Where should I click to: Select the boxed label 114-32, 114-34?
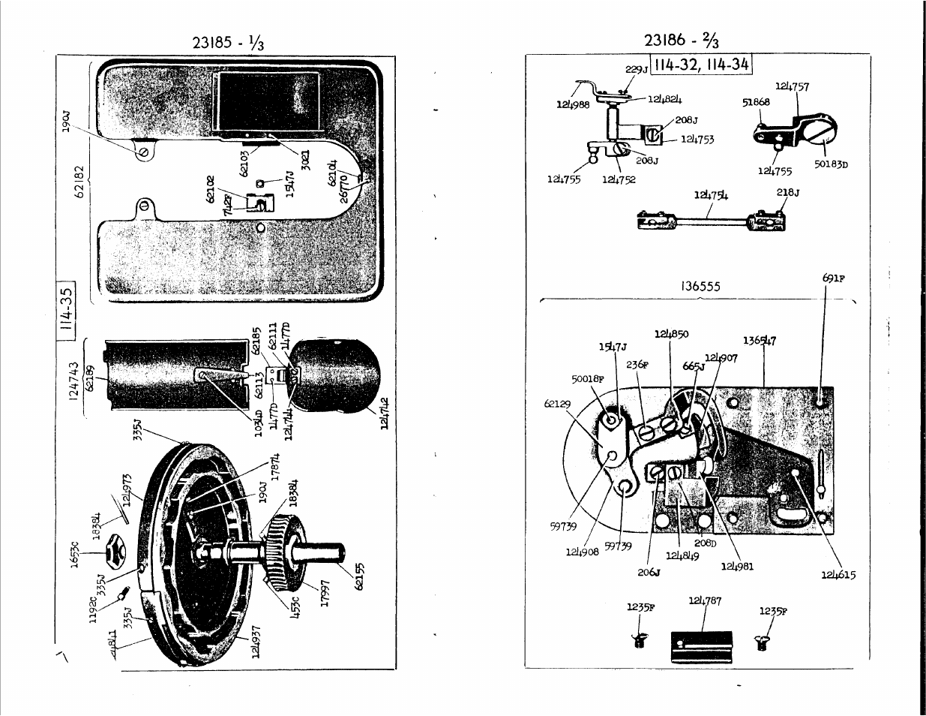[x=701, y=65]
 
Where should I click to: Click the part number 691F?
[x=833, y=278]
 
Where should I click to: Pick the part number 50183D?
[x=830, y=165]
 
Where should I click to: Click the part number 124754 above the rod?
[x=711, y=196]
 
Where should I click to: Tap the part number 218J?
[x=787, y=192]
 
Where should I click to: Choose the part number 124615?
[x=838, y=575]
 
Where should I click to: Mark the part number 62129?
[x=557, y=403]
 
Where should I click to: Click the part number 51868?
[x=757, y=103]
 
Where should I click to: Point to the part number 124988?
[x=573, y=105]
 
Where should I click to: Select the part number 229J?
[x=637, y=69]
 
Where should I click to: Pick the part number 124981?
[x=737, y=566]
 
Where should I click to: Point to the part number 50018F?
[x=588, y=379]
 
